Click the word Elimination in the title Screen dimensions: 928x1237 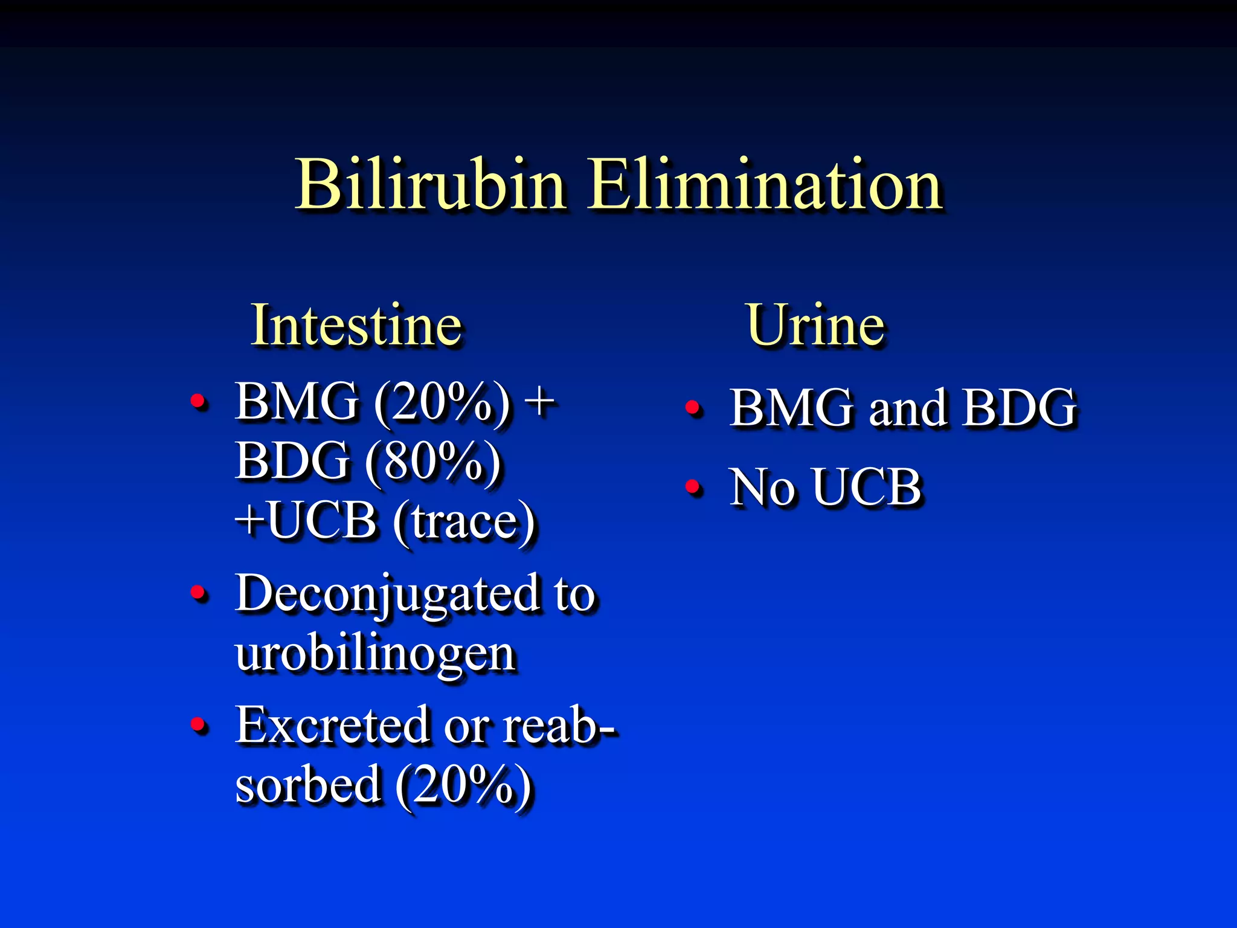pyautogui.click(x=765, y=184)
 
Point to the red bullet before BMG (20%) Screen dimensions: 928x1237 pyautogui.click(x=197, y=401)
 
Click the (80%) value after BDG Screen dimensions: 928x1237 pyautogui.click(x=434, y=462)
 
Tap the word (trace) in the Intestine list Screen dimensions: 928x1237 pyautogui.click(x=464, y=521)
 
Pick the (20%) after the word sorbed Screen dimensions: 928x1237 pyautogui.click(x=464, y=785)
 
